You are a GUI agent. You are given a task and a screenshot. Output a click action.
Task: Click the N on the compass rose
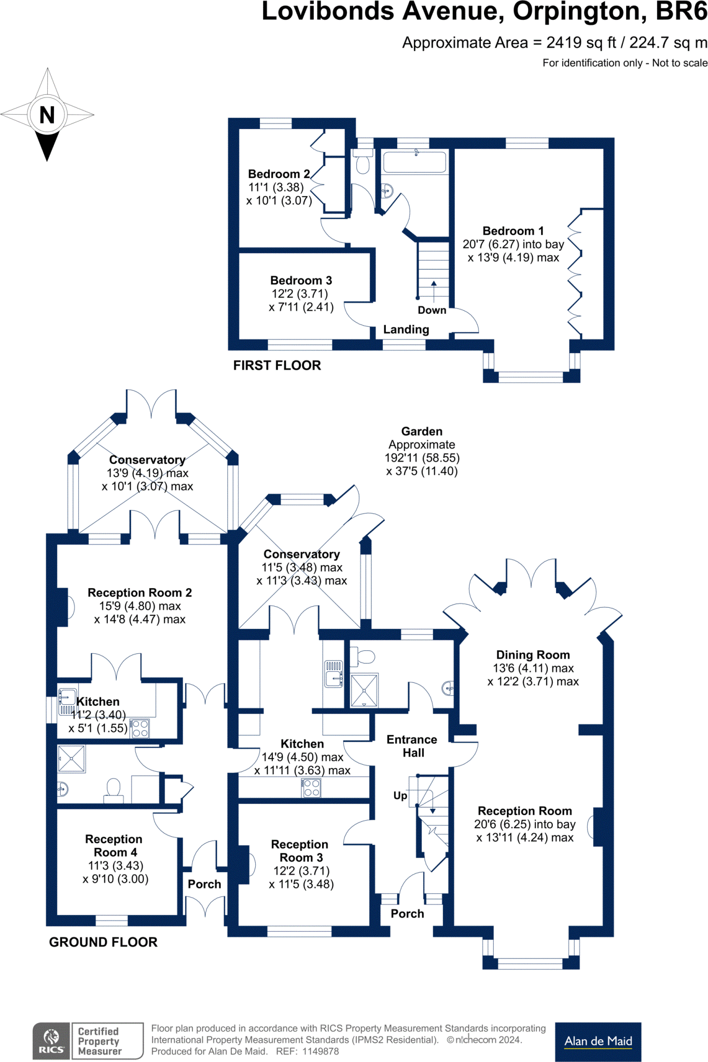pos(47,115)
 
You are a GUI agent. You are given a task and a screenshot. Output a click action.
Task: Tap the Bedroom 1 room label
pos(513,231)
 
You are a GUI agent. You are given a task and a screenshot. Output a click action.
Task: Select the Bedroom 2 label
pos(279,174)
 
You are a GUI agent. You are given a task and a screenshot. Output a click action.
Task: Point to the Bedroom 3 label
pos(301,281)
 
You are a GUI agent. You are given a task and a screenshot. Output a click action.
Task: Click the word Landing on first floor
pos(406,330)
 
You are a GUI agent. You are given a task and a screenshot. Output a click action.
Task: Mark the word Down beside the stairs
pos(432,310)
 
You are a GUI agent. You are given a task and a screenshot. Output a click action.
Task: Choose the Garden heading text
pos(422,431)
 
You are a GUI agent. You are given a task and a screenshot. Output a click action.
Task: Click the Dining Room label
pos(533,655)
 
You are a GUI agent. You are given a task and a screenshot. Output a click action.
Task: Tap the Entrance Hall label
pos(412,746)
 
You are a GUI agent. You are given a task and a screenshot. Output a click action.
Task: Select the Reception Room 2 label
pos(140,593)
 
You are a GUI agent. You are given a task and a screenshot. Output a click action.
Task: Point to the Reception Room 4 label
pos(114,846)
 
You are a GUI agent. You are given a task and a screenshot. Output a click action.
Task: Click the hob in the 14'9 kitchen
pos(312,788)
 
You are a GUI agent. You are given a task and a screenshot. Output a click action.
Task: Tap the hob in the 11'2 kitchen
pos(140,728)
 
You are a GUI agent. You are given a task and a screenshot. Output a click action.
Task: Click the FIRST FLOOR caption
pos(277,366)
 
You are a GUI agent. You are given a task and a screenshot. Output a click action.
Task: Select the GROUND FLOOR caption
pos(103,942)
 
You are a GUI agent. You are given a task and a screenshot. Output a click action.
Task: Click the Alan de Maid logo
pos(598,1041)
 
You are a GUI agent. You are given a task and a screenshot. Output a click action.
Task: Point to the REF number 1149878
pos(321,1052)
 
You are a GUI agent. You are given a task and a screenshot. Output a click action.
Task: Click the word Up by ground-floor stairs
pos(400,795)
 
